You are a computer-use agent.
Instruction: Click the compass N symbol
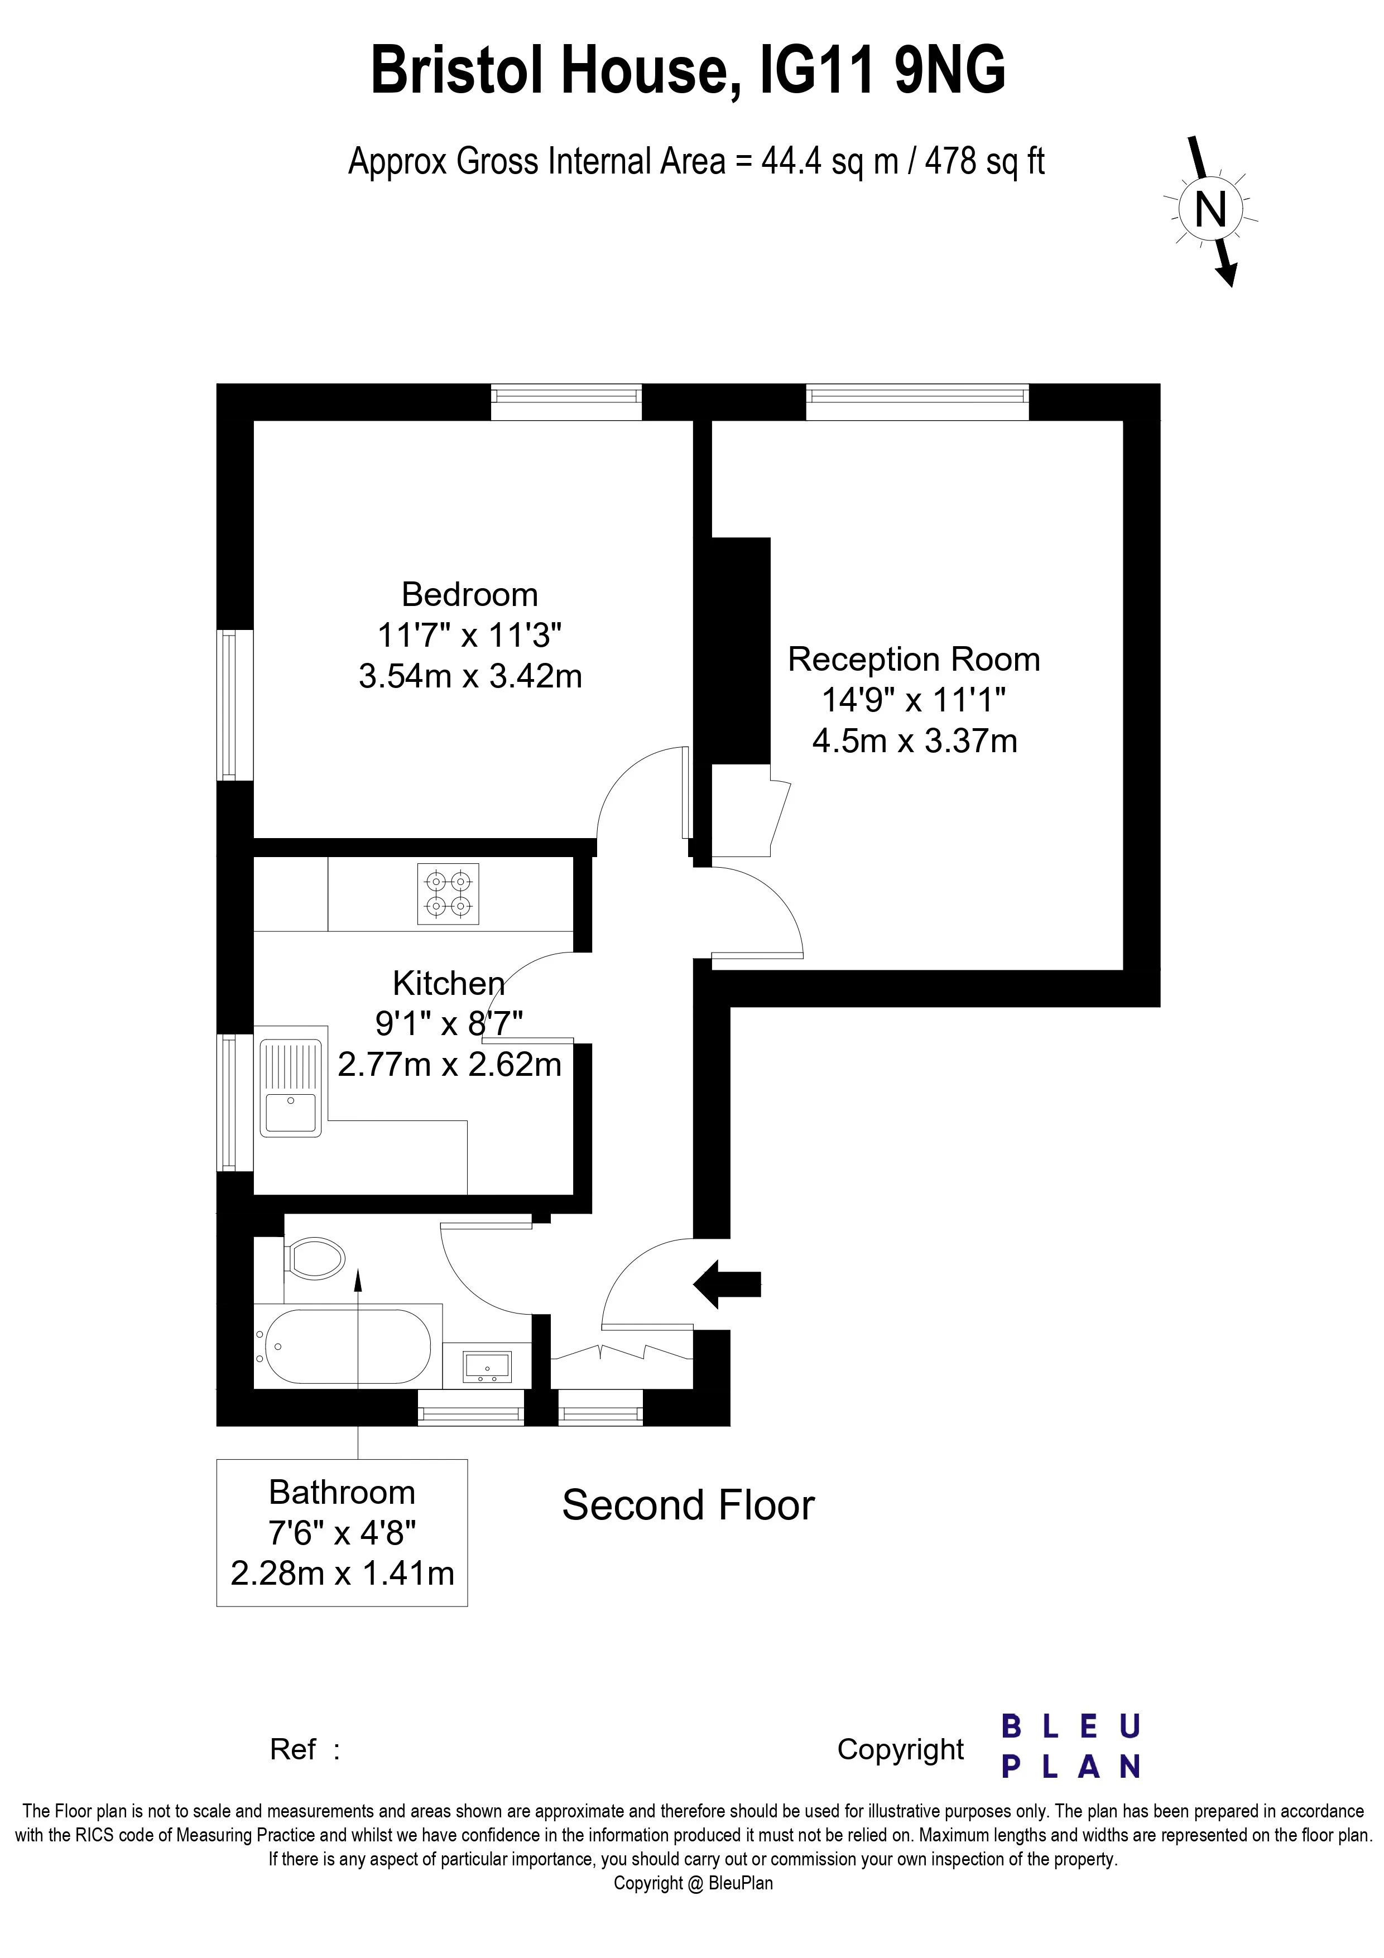point(1210,208)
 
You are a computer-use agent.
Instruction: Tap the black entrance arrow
point(727,1283)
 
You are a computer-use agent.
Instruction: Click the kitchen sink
point(291,1088)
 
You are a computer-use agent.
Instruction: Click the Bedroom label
point(470,594)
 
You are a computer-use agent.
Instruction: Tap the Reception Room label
point(914,659)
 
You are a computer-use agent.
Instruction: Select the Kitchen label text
point(449,983)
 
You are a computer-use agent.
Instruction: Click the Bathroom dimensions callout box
point(342,1532)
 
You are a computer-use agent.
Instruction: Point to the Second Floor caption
point(688,1505)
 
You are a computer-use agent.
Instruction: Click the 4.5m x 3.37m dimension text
point(914,740)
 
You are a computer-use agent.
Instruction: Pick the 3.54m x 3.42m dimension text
point(470,676)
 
